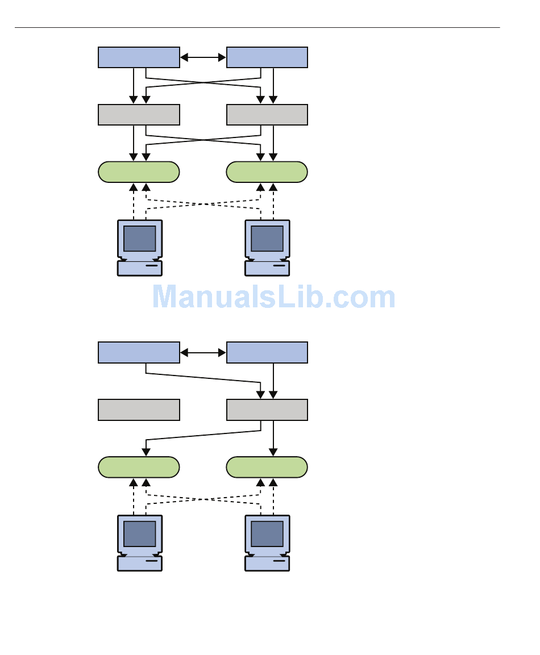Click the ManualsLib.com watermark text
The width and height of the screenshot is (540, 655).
(274, 297)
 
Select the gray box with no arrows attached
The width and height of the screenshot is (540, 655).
(139, 410)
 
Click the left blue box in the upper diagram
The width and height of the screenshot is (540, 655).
(139, 57)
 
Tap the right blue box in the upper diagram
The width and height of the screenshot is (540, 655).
(267, 57)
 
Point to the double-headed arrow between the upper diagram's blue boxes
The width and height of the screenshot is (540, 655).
(203, 57)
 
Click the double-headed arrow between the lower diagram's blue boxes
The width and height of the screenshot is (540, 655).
(203, 353)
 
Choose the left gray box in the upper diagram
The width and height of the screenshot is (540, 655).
(139, 115)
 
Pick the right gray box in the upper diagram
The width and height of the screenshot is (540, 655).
(267, 115)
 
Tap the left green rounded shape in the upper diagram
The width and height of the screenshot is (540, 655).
(139, 172)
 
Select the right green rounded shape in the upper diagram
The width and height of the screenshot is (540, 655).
(267, 172)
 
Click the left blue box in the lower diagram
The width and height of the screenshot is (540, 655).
(139, 353)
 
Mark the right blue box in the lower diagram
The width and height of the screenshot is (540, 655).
(267, 353)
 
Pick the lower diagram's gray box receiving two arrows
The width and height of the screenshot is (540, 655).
(267, 410)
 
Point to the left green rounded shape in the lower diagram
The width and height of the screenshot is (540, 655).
(139, 467)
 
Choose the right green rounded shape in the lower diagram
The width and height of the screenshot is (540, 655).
(267, 467)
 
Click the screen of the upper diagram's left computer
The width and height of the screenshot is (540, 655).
(140, 239)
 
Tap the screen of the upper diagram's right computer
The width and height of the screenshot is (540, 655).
(267, 239)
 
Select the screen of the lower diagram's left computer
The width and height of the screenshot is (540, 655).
(140, 534)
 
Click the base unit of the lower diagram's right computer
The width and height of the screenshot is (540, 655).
(267, 564)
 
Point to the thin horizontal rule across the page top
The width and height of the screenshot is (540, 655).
(257, 28)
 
